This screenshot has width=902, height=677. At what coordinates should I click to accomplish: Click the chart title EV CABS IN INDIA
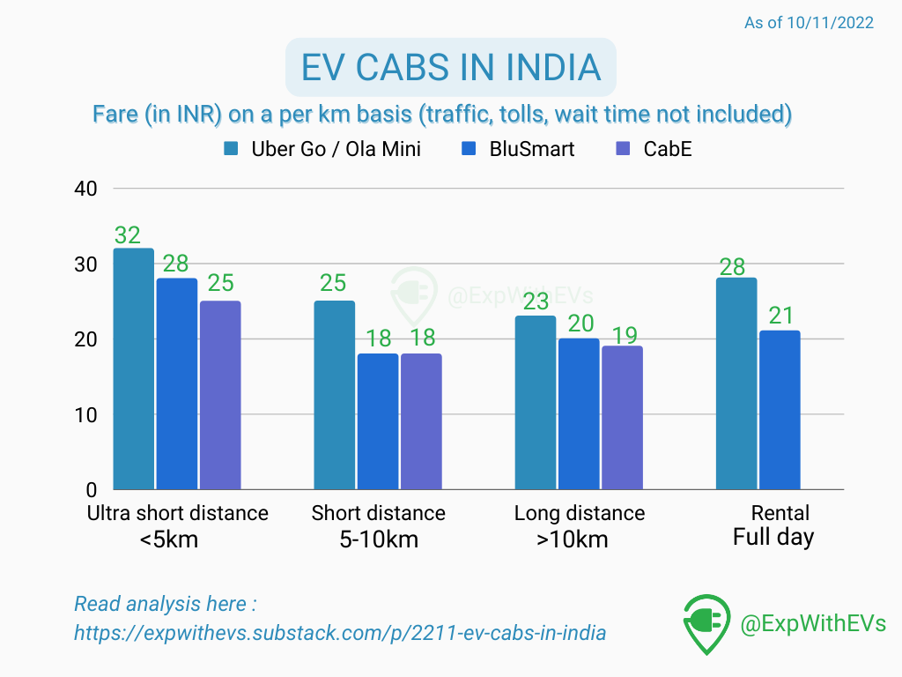click(450, 67)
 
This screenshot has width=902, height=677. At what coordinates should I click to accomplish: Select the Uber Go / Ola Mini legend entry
click(322, 149)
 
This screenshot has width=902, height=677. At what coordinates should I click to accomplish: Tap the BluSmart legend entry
click(520, 149)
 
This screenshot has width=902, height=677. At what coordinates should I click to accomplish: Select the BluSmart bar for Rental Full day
click(780, 410)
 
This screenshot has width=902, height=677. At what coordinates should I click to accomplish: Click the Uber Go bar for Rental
click(736, 383)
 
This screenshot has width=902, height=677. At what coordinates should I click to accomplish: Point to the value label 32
click(128, 235)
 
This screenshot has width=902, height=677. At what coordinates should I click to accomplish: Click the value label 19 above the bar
click(624, 334)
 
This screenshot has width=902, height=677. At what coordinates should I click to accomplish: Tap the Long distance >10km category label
click(579, 526)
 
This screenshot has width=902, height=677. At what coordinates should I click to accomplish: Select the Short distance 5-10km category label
click(378, 526)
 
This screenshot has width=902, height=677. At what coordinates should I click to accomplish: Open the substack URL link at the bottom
click(340, 633)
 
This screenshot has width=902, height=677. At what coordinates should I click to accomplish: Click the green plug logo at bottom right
click(706, 623)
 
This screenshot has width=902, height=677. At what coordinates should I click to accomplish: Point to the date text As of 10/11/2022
click(809, 23)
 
